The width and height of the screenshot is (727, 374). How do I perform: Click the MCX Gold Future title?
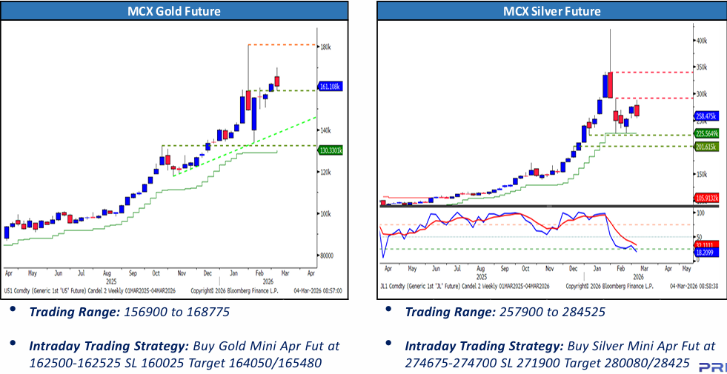175,11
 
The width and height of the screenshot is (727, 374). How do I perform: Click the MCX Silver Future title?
551,11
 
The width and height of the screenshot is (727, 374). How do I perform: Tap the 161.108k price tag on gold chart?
330,87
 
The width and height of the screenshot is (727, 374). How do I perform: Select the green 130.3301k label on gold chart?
331,150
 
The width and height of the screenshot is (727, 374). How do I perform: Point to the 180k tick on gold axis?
325,47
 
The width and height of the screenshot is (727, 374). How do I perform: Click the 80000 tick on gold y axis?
327,256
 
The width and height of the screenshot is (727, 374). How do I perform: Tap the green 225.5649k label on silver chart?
708,134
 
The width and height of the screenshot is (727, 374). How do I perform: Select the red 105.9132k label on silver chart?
708,198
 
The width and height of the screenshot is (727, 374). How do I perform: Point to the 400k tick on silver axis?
701,41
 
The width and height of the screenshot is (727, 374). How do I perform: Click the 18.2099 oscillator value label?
707,252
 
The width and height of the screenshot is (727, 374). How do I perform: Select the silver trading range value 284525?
580,313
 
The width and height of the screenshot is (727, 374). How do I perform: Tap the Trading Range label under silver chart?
449,313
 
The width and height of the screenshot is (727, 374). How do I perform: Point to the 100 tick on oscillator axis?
700,211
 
